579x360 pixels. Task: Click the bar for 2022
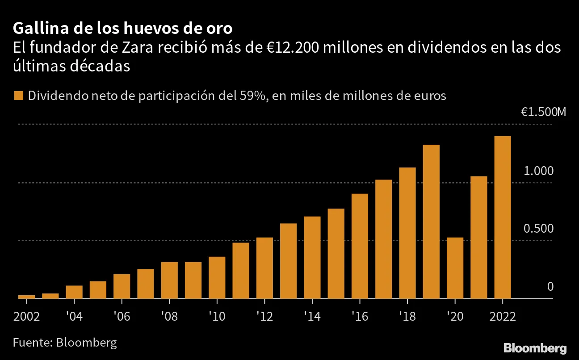click(x=503, y=217)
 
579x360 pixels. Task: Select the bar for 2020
click(x=455, y=268)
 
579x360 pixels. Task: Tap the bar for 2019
click(x=431, y=222)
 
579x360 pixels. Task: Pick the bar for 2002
click(x=26, y=297)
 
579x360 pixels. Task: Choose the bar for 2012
click(x=264, y=268)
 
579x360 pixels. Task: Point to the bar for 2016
click(x=360, y=246)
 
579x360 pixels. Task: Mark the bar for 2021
click(x=479, y=237)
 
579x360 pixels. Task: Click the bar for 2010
click(x=217, y=277)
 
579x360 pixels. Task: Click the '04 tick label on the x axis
click(x=74, y=317)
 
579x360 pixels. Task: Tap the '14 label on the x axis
click(x=312, y=317)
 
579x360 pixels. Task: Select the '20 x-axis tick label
click(x=455, y=317)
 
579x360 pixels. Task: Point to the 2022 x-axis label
click(x=503, y=317)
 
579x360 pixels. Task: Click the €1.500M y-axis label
click(x=543, y=112)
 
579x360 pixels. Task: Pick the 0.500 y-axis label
click(x=538, y=229)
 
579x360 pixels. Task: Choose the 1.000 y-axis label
click(x=538, y=171)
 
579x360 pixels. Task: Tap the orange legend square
click(x=19, y=96)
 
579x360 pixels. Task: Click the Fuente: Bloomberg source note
click(x=65, y=343)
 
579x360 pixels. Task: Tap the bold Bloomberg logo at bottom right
click(x=535, y=348)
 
